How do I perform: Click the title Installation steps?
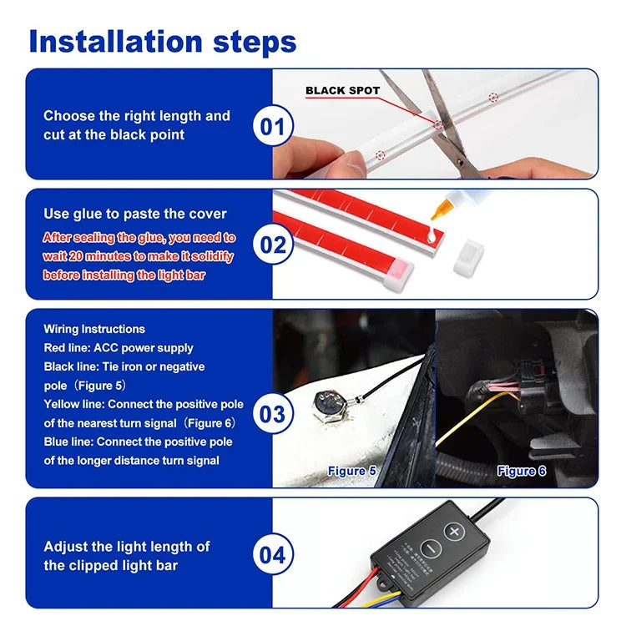pos(163,41)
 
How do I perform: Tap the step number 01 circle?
pos(274,127)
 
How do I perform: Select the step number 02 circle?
pos(274,245)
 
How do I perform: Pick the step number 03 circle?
pos(274,414)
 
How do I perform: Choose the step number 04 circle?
pos(274,555)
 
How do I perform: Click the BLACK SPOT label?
pos(342,90)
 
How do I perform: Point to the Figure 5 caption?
pos(351,471)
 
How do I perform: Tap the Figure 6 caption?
pos(522,471)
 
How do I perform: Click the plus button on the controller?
pos(453,531)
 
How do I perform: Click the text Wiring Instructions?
pos(94,329)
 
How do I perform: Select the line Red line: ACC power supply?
pos(119,347)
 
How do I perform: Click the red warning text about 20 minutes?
pos(139,256)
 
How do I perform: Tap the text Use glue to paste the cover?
pos(135,214)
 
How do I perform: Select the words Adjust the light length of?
pos(127,547)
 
